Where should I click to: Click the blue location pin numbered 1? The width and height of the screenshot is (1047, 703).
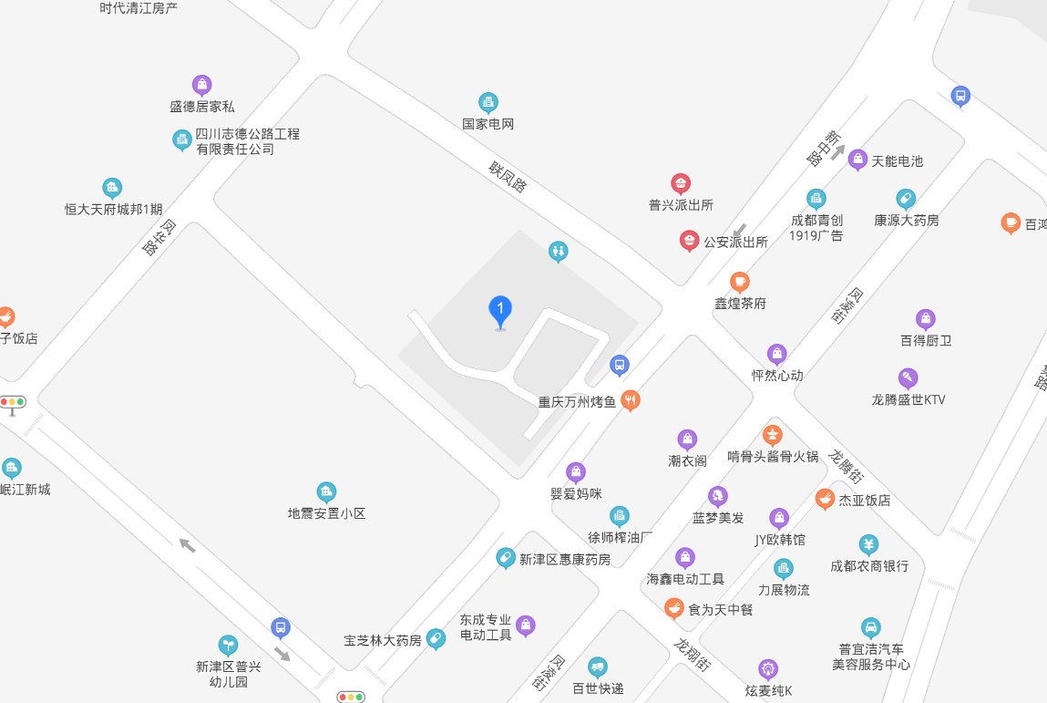coord(499,311)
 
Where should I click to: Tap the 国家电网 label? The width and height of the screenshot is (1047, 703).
coord(488,124)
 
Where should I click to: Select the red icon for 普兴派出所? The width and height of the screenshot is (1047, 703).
coord(681,183)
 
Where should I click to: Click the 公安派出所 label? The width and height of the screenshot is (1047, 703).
coord(735,242)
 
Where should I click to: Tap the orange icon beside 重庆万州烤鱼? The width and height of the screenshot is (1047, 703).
coord(630,399)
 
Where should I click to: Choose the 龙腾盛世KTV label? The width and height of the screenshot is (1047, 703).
coord(908,399)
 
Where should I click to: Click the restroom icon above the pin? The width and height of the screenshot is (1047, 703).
coord(559,252)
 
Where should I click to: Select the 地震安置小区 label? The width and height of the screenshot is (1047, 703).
coord(326,513)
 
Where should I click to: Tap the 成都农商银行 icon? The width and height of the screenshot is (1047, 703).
coord(868,544)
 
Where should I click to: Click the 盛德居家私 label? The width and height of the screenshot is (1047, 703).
coord(202,107)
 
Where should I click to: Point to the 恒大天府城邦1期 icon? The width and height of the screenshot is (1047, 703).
coord(112,188)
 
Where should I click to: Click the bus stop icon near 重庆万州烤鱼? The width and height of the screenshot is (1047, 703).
coord(620,365)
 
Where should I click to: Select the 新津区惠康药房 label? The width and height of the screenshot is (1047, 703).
coord(565,559)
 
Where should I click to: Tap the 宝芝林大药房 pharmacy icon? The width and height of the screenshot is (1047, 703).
coord(436,638)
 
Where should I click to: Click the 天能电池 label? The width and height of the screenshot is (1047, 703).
coord(898,161)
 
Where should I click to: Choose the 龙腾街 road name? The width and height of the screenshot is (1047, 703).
coord(847,466)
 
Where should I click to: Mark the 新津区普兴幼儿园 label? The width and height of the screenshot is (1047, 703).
coord(229,674)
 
